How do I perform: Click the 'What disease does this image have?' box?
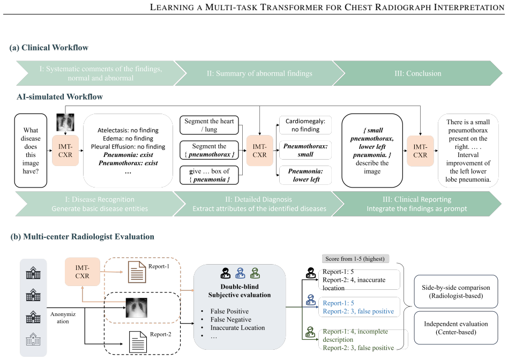[x=31, y=151]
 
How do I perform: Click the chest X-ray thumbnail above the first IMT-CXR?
[x=65, y=122]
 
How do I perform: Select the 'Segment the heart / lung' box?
[x=209, y=125]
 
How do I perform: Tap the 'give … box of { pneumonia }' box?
[x=209, y=175]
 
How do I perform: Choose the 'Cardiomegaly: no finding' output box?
[x=305, y=125]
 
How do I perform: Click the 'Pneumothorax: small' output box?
[x=305, y=150]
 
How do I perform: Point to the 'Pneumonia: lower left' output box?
[x=305, y=175]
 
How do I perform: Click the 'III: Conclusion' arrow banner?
[x=417, y=73]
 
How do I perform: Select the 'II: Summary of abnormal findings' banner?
[x=259, y=73]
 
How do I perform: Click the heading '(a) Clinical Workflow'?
[x=49, y=48]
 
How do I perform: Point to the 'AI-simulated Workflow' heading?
[x=59, y=96]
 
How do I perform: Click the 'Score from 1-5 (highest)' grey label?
[x=355, y=259]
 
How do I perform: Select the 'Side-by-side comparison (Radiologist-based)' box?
[x=456, y=291]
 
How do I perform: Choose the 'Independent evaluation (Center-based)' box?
[x=456, y=328]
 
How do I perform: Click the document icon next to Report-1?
[x=137, y=272]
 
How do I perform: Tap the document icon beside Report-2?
[x=138, y=342]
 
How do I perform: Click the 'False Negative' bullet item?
[x=230, y=319]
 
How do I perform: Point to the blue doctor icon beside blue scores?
[x=311, y=300]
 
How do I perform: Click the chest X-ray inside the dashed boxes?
[x=137, y=307]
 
